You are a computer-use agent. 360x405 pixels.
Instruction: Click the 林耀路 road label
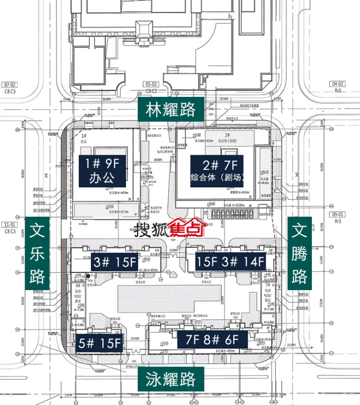tap(170, 109)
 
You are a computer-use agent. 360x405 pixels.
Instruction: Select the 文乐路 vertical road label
tap(37, 254)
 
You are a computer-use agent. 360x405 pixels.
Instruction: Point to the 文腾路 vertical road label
tap(299, 254)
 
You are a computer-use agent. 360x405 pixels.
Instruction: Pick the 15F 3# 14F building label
tap(231, 261)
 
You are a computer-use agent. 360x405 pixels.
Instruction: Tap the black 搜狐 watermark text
tap(149, 228)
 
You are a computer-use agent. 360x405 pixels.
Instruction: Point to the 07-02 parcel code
tap(10, 84)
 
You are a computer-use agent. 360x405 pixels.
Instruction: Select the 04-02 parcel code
tap(337, 84)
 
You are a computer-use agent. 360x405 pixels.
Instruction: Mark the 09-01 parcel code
tap(337, 214)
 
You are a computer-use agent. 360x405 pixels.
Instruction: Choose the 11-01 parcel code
tap(9, 225)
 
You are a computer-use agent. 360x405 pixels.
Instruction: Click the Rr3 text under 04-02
tap(338, 91)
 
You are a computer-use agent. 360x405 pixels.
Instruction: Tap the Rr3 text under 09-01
tap(338, 221)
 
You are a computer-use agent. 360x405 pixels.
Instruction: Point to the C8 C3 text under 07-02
tap(10, 91)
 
